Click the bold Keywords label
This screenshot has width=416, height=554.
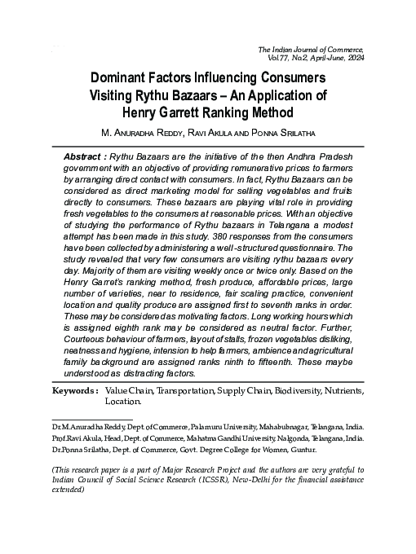[75, 391]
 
